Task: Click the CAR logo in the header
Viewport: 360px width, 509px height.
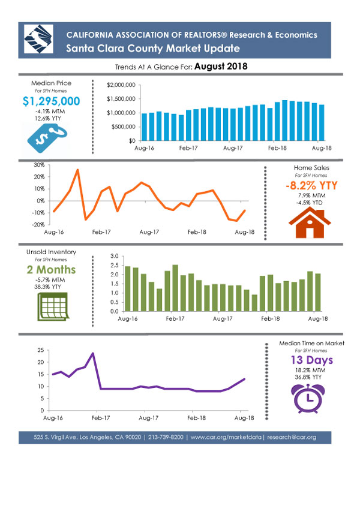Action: point(38,39)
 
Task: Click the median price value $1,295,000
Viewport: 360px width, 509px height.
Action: point(52,101)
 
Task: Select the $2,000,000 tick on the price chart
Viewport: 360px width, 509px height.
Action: point(121,85)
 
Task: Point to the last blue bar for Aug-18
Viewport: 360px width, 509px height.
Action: point(322,122)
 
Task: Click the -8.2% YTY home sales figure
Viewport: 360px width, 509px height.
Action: point(311,185)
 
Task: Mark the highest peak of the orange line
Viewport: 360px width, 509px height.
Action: point(77,170)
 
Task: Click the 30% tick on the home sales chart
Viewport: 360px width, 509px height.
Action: point(39,165)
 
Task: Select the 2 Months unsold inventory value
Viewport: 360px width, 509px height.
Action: point(52,269)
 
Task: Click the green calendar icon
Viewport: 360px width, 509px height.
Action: point(53,306)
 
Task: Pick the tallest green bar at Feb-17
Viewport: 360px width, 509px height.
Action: point(175,288)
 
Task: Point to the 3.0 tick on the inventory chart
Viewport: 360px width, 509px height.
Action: point(115,256)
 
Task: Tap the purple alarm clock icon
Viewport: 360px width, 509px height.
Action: point(308,398)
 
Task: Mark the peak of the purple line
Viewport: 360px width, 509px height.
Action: point(93,353)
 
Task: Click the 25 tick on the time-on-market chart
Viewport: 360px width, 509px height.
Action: point(41,350)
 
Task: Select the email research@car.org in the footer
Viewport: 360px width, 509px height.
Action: point(292,437)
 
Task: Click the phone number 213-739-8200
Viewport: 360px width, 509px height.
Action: point(166,437)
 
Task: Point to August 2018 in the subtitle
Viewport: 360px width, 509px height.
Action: point(221,66)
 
